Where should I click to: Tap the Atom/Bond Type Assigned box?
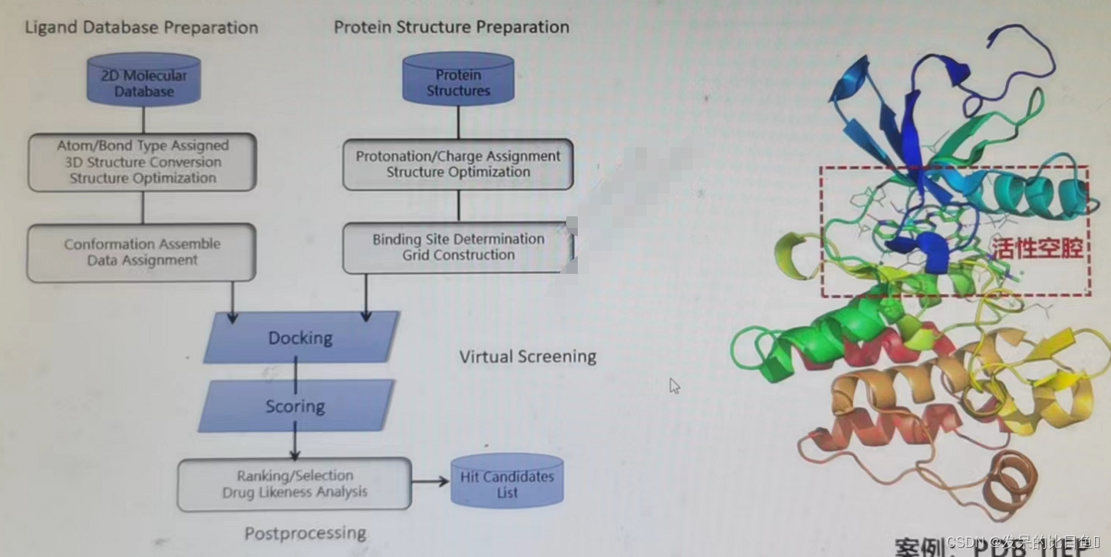(142, 162)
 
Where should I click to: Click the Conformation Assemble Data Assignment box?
(142, 252)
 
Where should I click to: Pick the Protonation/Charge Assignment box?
(458, 164)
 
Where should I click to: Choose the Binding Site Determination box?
(458, 247)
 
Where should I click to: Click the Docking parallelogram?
(300, 338)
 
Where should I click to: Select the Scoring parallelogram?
(295, 406)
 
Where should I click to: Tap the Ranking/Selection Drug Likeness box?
(295, 484)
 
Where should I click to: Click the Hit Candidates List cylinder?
(507, 482)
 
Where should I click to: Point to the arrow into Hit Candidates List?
(430, 482)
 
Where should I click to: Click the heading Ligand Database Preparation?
(142, 28)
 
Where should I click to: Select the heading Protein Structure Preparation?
(451, 28)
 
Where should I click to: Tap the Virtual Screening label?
(528, 357)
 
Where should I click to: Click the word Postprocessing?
(305, 533)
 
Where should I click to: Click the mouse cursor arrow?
(674, 385)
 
